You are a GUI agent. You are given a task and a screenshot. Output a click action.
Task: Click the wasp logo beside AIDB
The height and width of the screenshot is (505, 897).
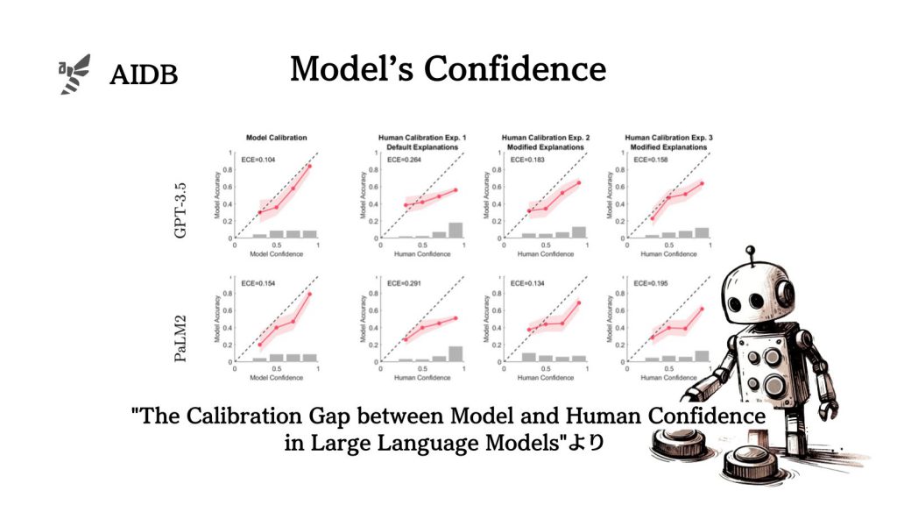click(74, 75)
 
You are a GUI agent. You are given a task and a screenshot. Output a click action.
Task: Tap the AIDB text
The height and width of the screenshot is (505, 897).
click(144, 75)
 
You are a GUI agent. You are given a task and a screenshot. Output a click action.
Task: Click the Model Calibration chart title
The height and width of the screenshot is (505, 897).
click(276, 138)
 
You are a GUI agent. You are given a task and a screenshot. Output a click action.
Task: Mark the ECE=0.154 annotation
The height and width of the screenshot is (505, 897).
click(259, 284)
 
